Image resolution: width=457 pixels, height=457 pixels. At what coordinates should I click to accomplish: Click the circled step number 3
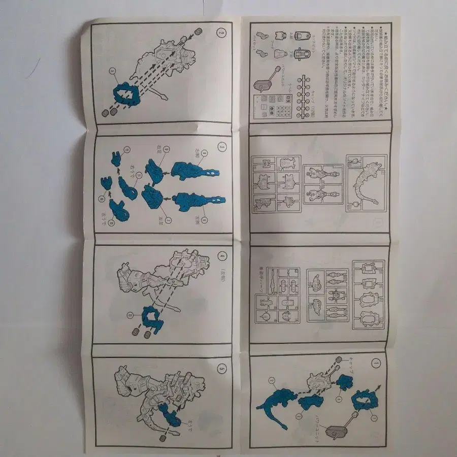tap(222, 147)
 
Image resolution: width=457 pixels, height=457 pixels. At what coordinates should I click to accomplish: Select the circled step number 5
tap(222, 368)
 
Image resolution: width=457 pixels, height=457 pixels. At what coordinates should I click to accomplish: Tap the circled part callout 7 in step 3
tap(168, 205)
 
